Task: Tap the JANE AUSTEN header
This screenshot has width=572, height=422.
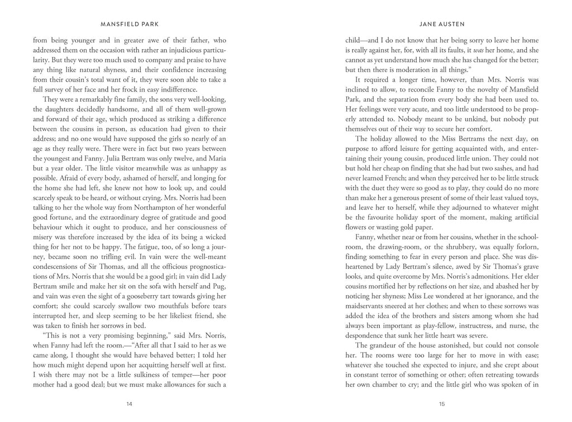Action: click(x=441, y=25)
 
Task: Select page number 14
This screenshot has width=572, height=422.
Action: click(x=130, y=403)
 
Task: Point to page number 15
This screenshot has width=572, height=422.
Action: click(x=441, y=403)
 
